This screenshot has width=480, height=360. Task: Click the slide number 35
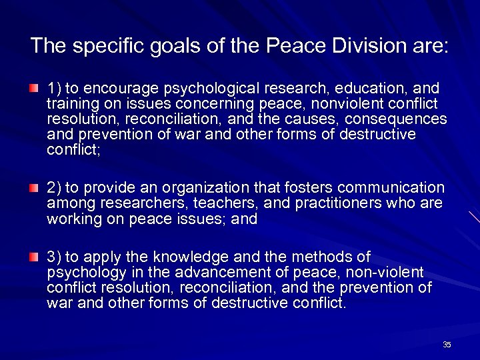click(x=447, y=344)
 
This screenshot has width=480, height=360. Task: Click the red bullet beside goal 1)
click(x=34, y=89)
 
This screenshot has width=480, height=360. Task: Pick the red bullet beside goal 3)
click(x=34, y=257)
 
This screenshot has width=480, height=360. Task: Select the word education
click(x=371, y=88)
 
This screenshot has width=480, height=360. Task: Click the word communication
click(x=394, y=188)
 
